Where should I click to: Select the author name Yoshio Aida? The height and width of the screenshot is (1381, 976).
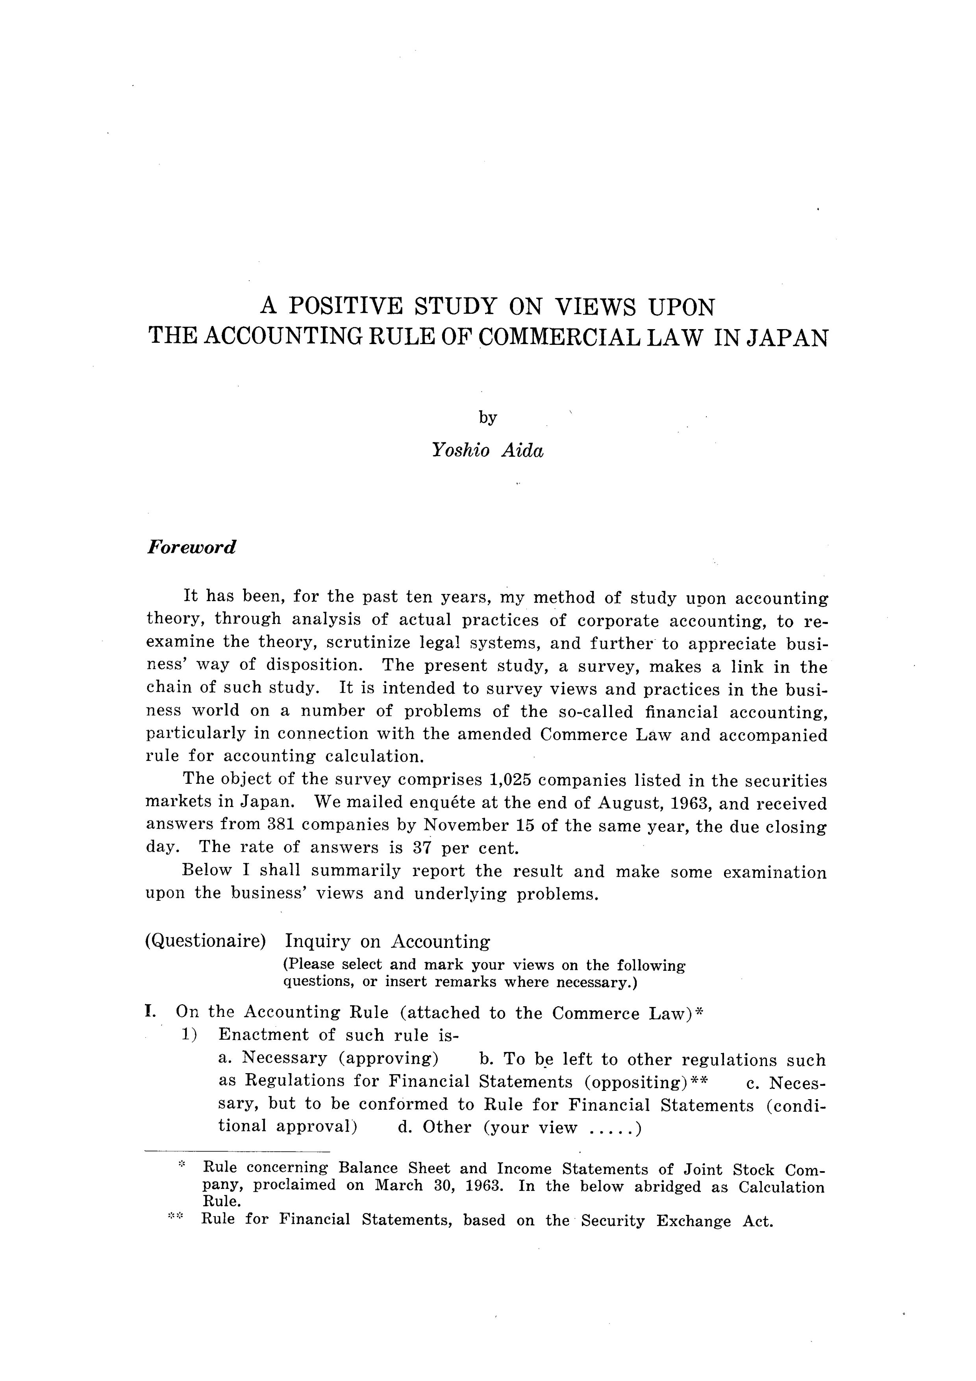(x=487, y=450)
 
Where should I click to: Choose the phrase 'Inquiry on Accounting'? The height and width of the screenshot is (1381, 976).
(x=387, y=941)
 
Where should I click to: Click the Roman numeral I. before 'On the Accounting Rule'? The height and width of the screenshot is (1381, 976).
(x=150, y=1012)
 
